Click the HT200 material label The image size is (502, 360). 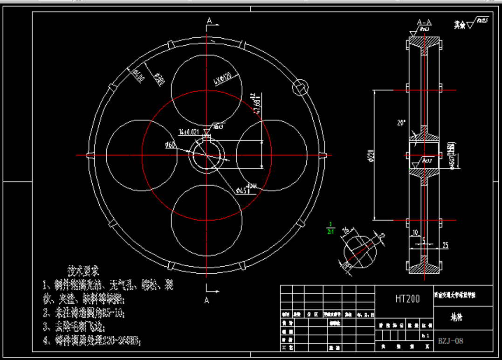[407, 298]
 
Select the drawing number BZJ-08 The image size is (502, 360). [450, 341]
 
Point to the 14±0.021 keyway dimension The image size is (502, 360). [189, 132]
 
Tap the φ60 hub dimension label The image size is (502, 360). [171, 145]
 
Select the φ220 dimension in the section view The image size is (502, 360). [371, 155]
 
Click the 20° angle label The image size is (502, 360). [401, 124]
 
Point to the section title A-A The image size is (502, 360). [424, 22]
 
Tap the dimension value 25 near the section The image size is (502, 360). [445, 245]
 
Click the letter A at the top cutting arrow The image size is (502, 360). [210, 21]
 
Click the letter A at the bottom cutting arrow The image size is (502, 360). [207, 300]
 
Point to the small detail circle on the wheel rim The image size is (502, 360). [300, 87]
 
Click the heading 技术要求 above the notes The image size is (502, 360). [83, 270]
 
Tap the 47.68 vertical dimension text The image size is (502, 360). [255, 103]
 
